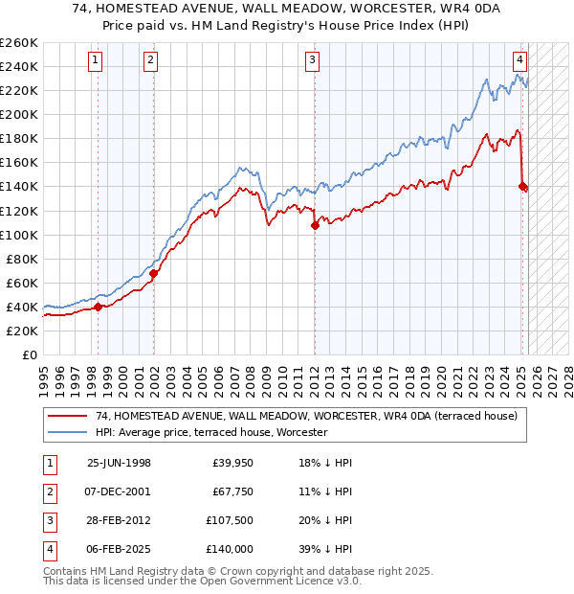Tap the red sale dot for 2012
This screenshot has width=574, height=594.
(x=315, y=226)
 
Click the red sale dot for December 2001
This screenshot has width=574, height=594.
(x=154, y=274)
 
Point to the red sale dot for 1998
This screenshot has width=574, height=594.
(x=98, y=308)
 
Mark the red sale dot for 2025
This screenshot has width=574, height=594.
(x=522, y=186)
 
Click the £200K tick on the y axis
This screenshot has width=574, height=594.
(x=19, y=114)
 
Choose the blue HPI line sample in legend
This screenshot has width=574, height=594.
(x=69, y=432)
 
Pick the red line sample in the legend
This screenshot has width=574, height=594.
(x=69, y=416)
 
